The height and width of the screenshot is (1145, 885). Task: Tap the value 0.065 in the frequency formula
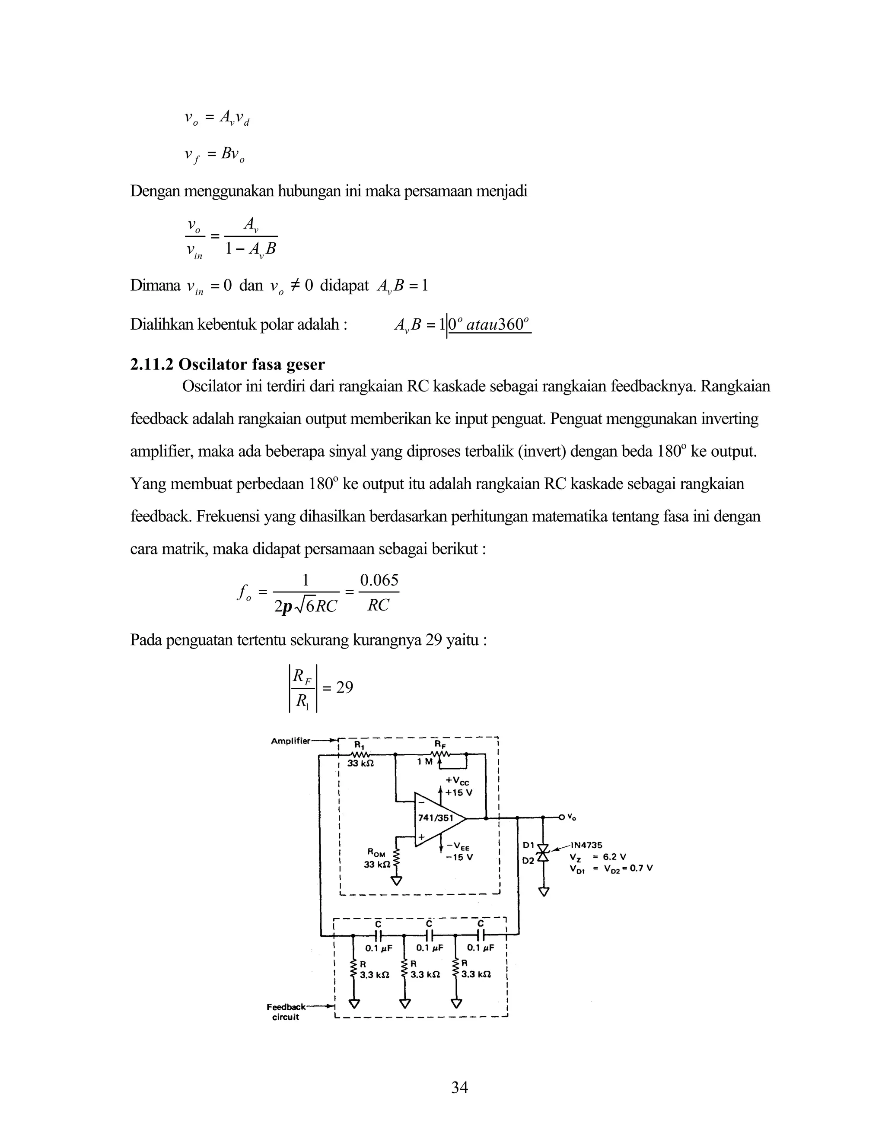(379, 580)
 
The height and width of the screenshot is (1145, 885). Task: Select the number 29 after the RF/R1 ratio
(344, 687)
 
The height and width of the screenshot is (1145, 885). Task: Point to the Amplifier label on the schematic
(290, 741)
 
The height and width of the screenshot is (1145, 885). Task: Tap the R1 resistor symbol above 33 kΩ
(359, 754)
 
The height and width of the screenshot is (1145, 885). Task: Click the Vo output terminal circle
(561, 817)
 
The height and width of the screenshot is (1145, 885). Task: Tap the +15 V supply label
(459, 792)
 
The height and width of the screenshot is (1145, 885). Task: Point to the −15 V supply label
(459, 857)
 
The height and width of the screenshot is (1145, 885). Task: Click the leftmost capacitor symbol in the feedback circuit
(378, 935)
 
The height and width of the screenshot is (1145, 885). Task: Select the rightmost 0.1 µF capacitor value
(480, 948)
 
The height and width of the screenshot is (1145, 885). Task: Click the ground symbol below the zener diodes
(544, 891)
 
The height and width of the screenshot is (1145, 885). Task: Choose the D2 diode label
(528, 860)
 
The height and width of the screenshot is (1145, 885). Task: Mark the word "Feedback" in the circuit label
(286, 1007)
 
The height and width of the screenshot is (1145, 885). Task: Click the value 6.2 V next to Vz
(614, 857)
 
